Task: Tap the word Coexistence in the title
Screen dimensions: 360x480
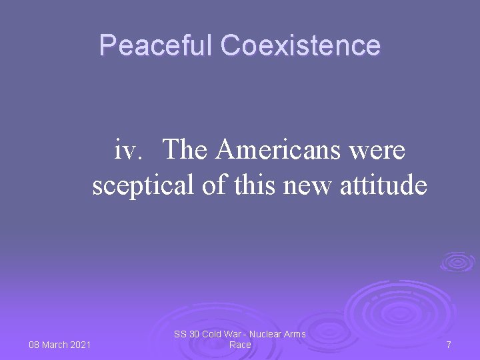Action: pos(301,46)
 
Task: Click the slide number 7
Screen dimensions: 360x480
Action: pos(449,345)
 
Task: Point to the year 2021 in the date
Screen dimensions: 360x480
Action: pos(79,345)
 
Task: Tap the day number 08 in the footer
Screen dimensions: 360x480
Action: pos(35,345)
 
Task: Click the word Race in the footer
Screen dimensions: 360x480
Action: pos(240,345)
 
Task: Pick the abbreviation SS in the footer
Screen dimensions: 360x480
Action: pos(180,334)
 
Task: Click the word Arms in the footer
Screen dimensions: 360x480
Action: pos(295,334)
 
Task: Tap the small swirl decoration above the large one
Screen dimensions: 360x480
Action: pos(457,261)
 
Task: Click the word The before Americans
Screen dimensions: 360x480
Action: pos(187,150)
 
